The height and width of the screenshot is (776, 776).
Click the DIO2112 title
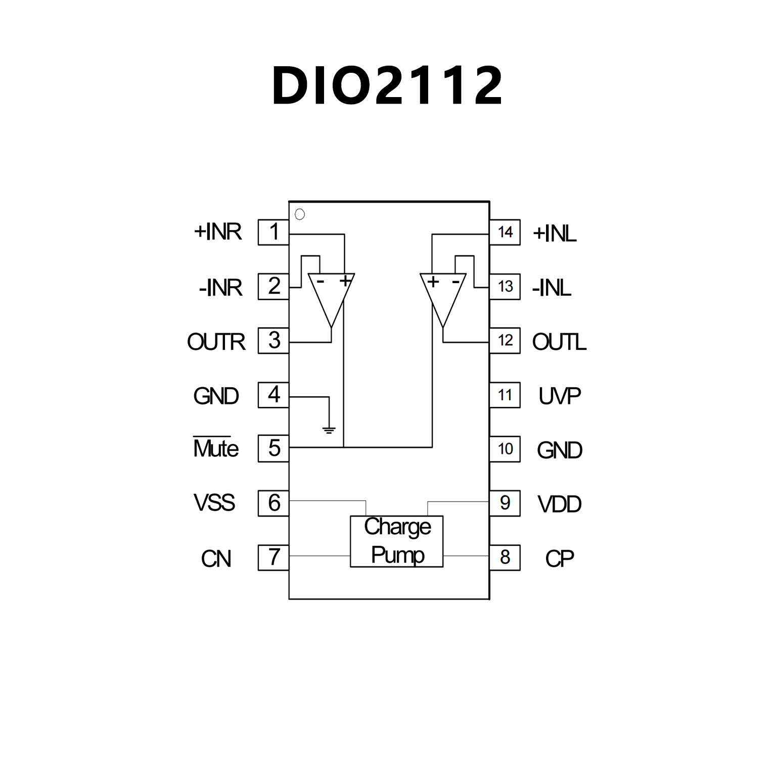[x=387, y=86]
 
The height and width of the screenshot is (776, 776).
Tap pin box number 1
[x=273, y=232]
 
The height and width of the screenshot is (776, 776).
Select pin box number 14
[x=505, y=232]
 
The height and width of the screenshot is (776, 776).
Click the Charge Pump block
[x=397, y=541]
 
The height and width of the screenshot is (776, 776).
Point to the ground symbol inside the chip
[x=329, y=430]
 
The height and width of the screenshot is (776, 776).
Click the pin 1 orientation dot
[x=300, y=214]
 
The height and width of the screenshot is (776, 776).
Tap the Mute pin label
[x=216, y=448]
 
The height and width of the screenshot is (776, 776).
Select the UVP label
[x=560, y=396]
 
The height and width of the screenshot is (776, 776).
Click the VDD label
[x=560, y=504]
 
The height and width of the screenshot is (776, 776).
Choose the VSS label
[x=214, y=503]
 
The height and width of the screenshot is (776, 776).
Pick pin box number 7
[x=273, y=557]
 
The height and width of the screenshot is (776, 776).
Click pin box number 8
[x=505, y=557]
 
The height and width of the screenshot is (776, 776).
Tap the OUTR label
[x=216, y=342]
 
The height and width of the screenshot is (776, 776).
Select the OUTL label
[x=559, y=342]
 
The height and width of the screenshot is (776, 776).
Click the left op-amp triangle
[x=331, y=296]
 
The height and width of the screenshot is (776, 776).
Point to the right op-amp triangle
[x=443, y=296]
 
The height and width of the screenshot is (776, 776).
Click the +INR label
[x=218, y=232]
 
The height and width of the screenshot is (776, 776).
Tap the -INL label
[x=552, y=288]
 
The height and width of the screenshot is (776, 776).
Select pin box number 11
[x=505, y=395]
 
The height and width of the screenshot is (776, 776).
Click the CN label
[x=216, y=559]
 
